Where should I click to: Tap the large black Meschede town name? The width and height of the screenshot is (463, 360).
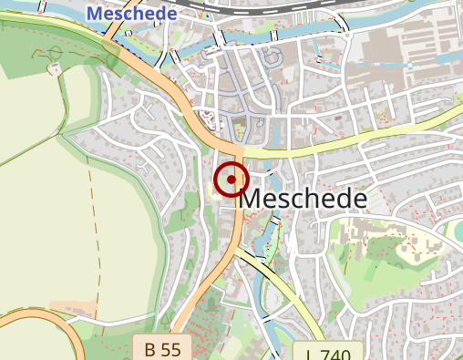coord(305,199)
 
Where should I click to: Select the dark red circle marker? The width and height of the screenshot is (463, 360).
coord(231,180)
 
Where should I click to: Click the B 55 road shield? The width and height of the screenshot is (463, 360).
coord(162,348)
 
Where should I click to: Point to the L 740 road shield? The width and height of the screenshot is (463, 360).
coord(329,354)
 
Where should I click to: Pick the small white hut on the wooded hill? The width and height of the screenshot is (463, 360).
coord(56,69)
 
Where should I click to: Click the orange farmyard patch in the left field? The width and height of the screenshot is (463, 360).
coord(73,308)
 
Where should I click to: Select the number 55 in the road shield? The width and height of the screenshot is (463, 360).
coord(171,348)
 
